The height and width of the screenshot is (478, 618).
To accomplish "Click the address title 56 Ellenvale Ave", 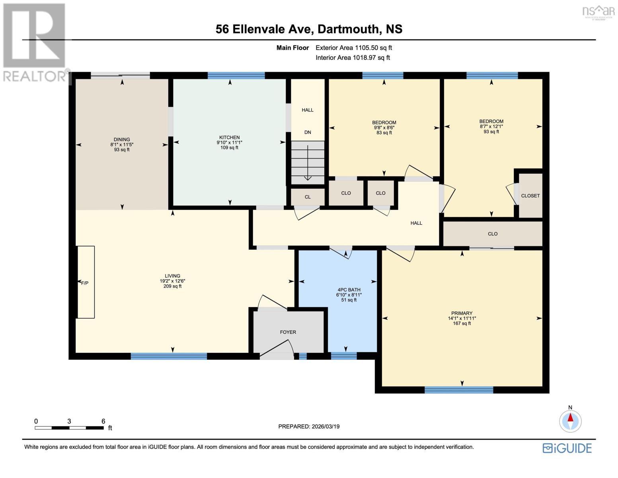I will [x=308, y=29].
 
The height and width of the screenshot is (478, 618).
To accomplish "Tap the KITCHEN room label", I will [x=229, y=137].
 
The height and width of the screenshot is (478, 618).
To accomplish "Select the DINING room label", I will [x=122, y=139].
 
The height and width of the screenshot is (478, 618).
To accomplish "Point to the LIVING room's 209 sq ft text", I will [x=172, y=286].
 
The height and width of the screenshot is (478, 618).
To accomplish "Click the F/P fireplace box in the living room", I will [x=86, y=282].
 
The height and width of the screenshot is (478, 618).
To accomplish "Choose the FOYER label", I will [x=288, y=332].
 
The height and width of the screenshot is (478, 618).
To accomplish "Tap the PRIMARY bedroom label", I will [x=462, y=313].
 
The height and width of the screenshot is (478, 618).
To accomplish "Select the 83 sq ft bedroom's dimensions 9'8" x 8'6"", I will [x=384, y=127].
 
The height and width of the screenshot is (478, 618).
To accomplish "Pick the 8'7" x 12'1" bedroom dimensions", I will [x=491, y=126].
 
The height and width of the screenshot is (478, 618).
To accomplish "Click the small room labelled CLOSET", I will [x=530, y=196].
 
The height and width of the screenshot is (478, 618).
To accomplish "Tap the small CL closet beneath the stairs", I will [x=308, y=197].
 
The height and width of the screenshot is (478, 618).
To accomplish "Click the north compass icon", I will [x=570, y=421].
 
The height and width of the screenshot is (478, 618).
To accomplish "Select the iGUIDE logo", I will [x=567, y=448].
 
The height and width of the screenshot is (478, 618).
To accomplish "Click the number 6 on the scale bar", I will [x=103, y=421].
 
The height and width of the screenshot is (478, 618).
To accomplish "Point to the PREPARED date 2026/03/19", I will [x=309, y=426].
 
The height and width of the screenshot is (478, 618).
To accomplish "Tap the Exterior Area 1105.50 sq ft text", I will [x=353, y=48].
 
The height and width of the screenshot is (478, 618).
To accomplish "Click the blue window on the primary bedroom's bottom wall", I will [x=458, y=390].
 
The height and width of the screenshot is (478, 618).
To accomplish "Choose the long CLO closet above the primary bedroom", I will [x=492, y=234].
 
